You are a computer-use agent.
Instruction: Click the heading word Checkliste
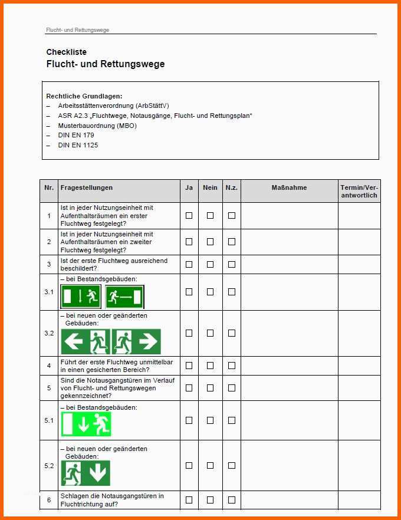[66, 52]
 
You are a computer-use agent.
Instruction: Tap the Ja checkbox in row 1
[189, 216]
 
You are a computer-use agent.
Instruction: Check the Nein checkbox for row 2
[210, 242]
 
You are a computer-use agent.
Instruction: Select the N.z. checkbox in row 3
[232, 264]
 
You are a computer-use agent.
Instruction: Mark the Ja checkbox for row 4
[189, 366]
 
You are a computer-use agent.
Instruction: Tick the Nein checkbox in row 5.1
[210, 420]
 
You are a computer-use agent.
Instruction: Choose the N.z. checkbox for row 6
[232, 500]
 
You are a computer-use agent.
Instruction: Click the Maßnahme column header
[289, 188]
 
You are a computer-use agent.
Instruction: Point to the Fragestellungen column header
[86, 188]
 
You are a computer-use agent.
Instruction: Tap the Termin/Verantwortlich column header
[359, 191]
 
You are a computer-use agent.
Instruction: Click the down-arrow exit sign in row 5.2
[86, 473]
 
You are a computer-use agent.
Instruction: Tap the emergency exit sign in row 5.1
[86, 424]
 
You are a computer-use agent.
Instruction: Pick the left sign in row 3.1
[81, 297]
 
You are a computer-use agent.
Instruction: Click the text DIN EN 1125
[78, 145]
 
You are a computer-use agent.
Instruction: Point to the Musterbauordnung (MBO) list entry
[97, 126]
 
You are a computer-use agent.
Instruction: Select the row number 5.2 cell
[49, 466]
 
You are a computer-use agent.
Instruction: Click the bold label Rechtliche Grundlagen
[84, 96]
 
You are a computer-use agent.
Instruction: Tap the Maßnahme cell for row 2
[289, 242]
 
